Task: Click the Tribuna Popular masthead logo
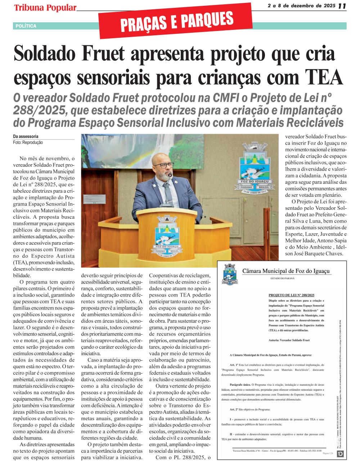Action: tap(45, 8)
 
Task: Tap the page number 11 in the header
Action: tap(342, 6)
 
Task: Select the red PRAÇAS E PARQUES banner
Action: tap(176, 21)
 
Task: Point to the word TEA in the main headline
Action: tap(324, 76)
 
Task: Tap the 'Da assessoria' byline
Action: tap(26, 137)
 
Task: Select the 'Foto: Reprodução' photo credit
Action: tap(28, 142)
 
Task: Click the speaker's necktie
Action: tap(168, 194)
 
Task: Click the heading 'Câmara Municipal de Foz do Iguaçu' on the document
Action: tap(287, 271)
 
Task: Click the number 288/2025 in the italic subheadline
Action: tap(40, 110)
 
